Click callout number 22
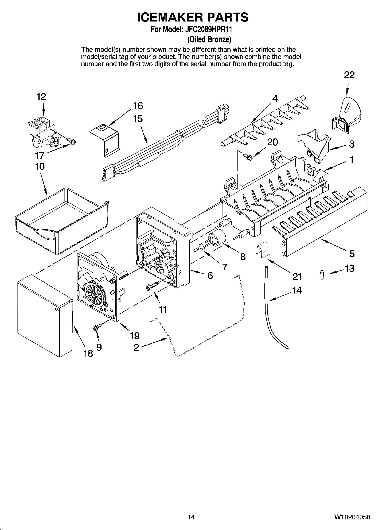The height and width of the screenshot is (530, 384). pyautogui.click(x=349, y=75)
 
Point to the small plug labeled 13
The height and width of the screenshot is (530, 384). pyautogui.click(x=322, y=275)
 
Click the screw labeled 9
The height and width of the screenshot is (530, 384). pyautogui.click(x=96, y=327)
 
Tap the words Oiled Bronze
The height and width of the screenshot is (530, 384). pyautogui.click(x=209, y=39)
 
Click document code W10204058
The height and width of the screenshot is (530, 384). pyautogui.click(x=352, y=517)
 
